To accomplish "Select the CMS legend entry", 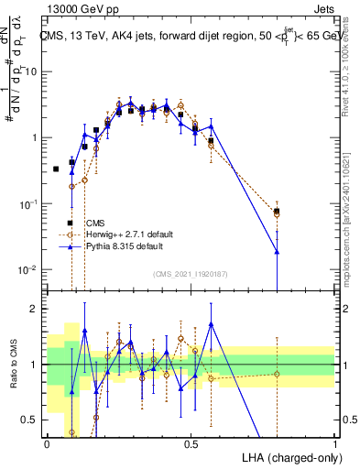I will [95, 223].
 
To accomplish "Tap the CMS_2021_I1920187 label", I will [190, 274].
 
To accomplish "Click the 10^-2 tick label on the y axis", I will [28, 269].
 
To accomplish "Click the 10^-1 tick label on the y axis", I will [28, 203].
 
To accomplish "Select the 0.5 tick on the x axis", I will [191, 444].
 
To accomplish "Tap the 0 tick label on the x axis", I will [47, 444].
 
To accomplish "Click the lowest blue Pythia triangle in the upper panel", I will [277, 251].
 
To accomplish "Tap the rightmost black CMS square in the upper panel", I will [277, 212].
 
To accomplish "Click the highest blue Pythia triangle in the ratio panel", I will [211, 323].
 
